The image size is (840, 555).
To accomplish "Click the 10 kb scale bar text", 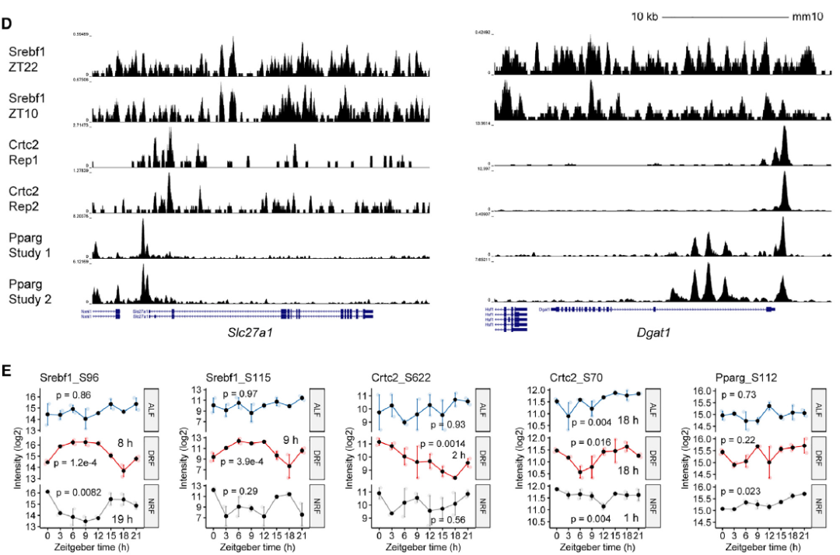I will point(645,16).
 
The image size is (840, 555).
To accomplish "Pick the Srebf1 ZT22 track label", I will point(26,59).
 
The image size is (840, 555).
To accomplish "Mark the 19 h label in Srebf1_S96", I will point(123,519).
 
